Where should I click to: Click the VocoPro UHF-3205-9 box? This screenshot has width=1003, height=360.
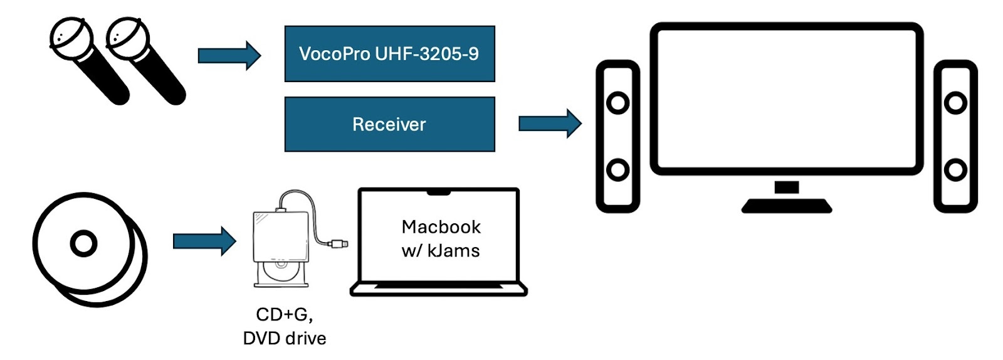tap(389, 54)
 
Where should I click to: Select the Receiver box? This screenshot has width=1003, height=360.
tap(389, 124)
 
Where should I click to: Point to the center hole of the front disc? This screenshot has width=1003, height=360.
tap(83, 243)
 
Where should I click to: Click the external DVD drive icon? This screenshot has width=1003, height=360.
tap(281, 241)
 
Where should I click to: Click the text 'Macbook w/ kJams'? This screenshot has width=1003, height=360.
tap(441, 238)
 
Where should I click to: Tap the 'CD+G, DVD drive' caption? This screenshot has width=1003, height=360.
tap(285, 326)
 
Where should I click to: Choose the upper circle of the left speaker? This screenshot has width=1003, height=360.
tap(617, 102)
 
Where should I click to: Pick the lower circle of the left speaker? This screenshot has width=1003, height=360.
tap(617, 169)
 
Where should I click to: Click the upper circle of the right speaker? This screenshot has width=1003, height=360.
tap(955, 102)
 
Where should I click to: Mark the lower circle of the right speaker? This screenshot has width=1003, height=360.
tap(955, 169)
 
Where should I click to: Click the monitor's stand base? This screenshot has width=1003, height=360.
tap(787, 206)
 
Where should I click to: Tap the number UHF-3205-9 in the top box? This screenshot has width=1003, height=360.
tap(426, 54)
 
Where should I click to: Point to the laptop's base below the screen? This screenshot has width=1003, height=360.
tap(439, 289)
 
